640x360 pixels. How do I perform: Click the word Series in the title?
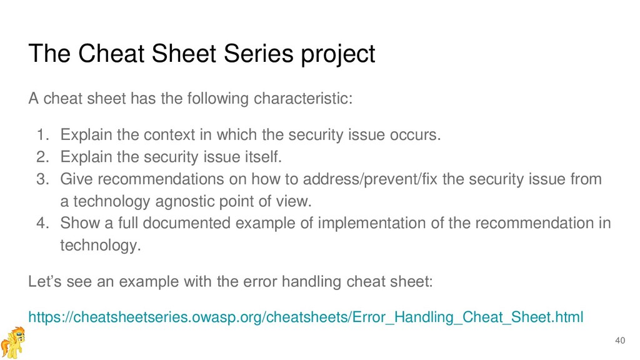pos(258,54)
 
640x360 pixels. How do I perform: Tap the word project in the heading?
pos(338,55)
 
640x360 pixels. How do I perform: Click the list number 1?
pos(43,135)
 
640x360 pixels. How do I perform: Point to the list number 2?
pos(43,157)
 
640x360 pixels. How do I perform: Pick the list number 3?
pos(43,179)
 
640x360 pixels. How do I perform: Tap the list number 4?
pos(43,223)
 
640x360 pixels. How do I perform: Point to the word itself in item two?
pos(263,157)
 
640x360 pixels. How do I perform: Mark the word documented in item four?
pos(186,223)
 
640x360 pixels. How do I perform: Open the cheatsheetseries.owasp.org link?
pos(306,317)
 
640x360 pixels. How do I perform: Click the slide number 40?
pos(620,341)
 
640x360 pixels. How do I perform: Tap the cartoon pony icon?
pos(12,342)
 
